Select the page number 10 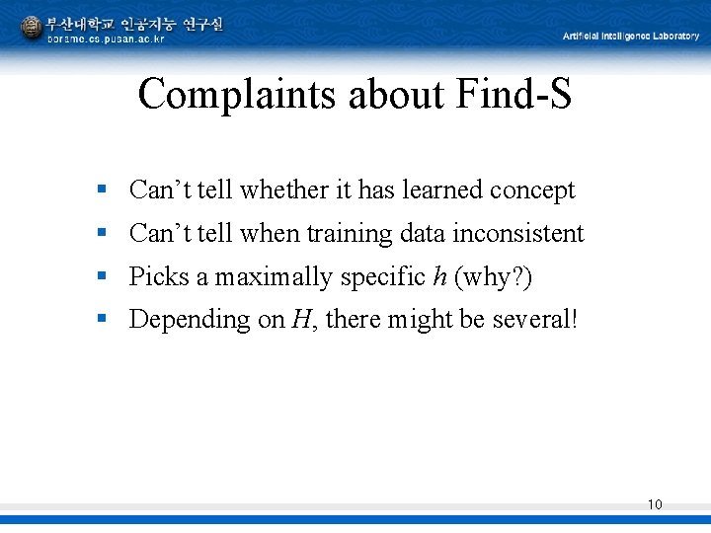(655, 504)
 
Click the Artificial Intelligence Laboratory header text (631, 36)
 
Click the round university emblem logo (32, 27)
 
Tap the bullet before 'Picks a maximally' (102, 276)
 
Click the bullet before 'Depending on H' (102, 319)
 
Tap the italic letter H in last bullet (298, 320)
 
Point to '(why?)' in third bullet (493, 277)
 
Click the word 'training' (350, 235)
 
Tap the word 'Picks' (159, 277)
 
